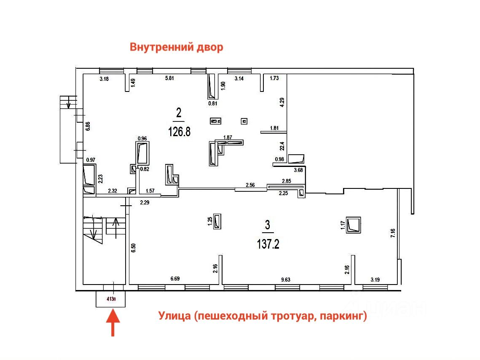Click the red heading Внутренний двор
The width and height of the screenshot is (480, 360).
tap(176, 47)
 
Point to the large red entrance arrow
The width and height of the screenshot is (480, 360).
tap(113, 322)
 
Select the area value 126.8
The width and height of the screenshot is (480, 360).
tap(180, 132)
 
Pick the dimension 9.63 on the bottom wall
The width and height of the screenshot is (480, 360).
tap(286, 279)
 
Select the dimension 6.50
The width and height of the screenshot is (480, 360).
tap(133, 248)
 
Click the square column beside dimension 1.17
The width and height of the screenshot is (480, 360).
tap(353, 225)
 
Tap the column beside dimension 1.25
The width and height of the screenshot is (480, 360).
tap(218, 221)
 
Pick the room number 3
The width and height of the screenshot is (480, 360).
tap(267, 225)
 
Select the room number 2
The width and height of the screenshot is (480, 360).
tap(179, 113)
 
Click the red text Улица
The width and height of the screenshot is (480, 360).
tap(174, 316)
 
